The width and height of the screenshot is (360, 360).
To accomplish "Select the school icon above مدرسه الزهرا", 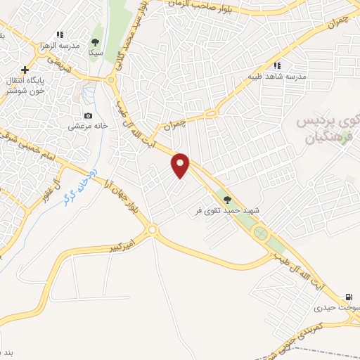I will (60, 34).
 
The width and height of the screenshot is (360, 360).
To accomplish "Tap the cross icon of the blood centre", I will (25, 70).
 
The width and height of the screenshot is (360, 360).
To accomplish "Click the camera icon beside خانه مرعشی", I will (87, 115).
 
